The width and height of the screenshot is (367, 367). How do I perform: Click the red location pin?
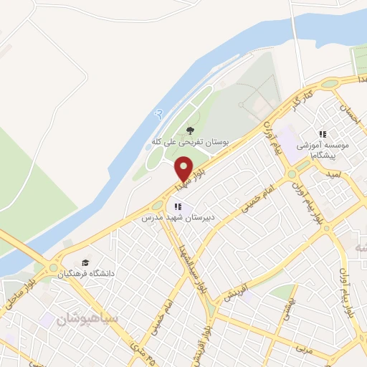[x=184, y=168]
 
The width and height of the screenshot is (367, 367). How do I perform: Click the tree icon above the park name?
[x=190, y=130]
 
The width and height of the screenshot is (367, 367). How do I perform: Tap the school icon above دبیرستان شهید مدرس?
[x=178, y=206]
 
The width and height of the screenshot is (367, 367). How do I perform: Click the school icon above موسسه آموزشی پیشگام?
[x=323, y=134]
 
